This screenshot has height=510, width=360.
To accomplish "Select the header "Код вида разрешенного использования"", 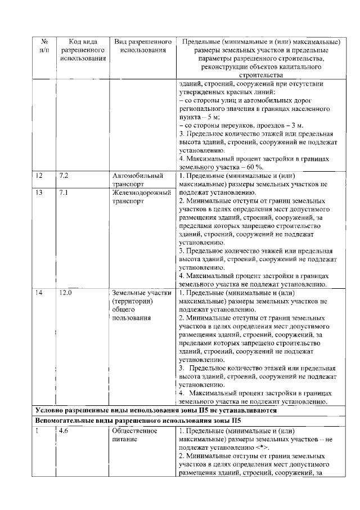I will pyautogui.click(x=82, y=50).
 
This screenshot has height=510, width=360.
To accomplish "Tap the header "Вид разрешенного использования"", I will pyautogui.click(x=142, y=47).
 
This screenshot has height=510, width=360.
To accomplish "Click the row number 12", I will pyautogui.click(x=39, y=176).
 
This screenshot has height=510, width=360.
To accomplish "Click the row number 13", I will pyautogui.click(x=39, y=192).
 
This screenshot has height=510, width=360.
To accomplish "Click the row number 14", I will pyautogui.click(x=39, y=293).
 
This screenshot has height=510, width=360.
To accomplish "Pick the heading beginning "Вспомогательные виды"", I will pyautogui.click(x=138, y=420).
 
